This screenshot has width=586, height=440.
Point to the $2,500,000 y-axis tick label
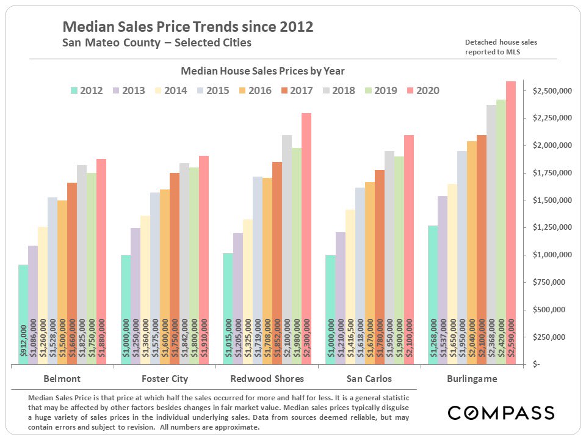tap(552, 91)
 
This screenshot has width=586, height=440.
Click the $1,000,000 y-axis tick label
tap(552, 255)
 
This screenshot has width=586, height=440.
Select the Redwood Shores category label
tap(267, 378)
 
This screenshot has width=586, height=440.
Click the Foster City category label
tap(164, 378)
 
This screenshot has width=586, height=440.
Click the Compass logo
tap(501, 413)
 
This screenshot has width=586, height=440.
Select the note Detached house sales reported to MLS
tap(501, 46)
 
